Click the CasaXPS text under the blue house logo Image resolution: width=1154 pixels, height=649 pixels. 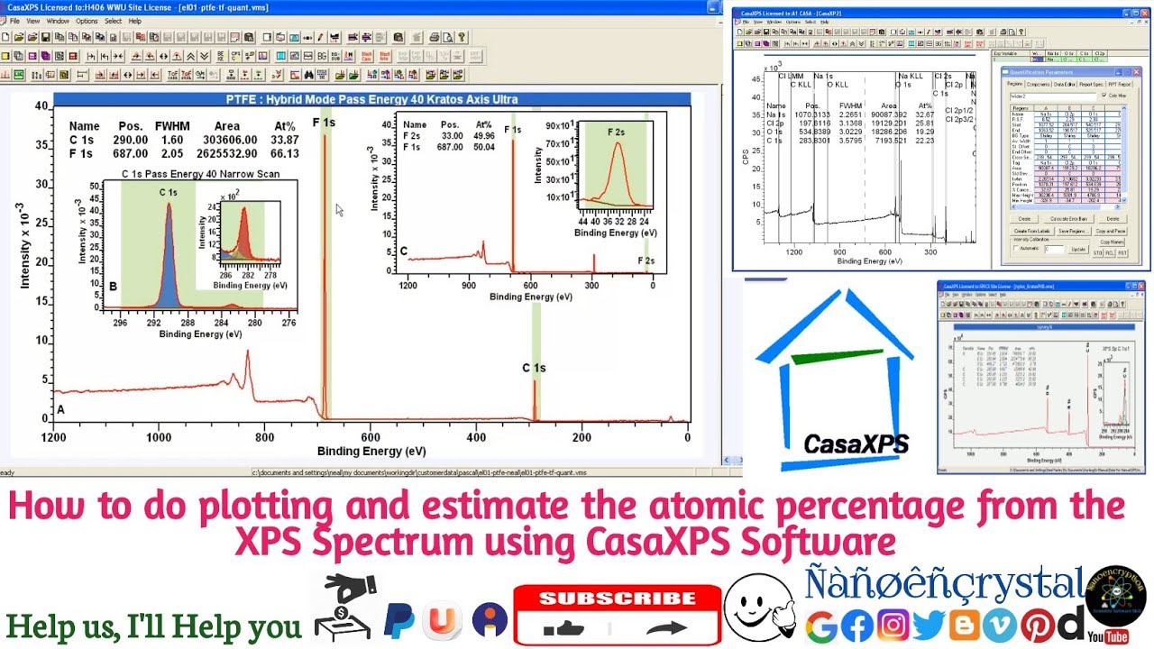tap(856, 443)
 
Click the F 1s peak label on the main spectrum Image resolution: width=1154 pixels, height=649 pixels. tap(324, 123)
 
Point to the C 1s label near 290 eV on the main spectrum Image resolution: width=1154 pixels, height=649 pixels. tap(534, 368)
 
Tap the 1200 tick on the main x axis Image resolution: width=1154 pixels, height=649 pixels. tap(53, 438)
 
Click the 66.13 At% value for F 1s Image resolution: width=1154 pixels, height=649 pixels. tap(285, 154)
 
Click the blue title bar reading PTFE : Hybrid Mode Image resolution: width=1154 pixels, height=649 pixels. tap(371, 99)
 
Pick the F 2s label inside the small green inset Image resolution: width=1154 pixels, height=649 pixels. tap(616, 133)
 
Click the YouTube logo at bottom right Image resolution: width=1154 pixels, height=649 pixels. tap(1108, 636)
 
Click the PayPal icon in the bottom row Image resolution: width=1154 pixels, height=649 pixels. tap(399, 621)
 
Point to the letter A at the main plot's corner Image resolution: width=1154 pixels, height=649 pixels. tap(61, 409)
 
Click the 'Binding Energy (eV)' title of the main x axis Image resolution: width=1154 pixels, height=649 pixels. tap(371, 452)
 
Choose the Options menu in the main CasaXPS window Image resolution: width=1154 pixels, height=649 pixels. tap(87, 21)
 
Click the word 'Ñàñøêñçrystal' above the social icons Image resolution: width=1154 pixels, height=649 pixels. tap(944, 585)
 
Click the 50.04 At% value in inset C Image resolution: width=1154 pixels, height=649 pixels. tap(484, 147)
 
